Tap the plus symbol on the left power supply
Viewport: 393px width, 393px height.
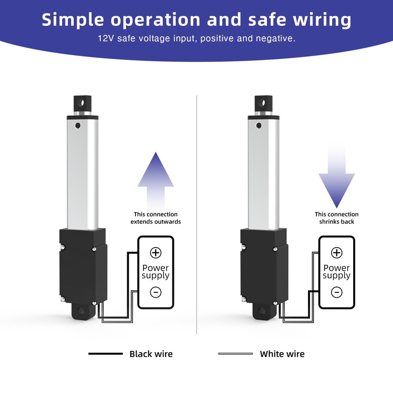(156, 253)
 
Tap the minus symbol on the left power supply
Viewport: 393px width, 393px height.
(156, 292)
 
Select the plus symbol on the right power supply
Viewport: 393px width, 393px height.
(337, 253)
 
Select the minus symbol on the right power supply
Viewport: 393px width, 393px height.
(337, 292)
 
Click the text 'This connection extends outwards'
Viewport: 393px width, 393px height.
(156, 218)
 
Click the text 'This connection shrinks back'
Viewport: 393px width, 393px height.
(337, 218)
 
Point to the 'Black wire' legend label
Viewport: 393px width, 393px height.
(151, 354)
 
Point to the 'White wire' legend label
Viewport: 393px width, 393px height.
(282, 354)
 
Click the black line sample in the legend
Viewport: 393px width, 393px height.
(106, 354)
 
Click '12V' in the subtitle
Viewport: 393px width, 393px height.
(106, 38)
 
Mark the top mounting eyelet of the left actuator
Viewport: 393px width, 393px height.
(82, 104)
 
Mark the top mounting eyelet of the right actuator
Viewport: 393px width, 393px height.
(262, 104)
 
